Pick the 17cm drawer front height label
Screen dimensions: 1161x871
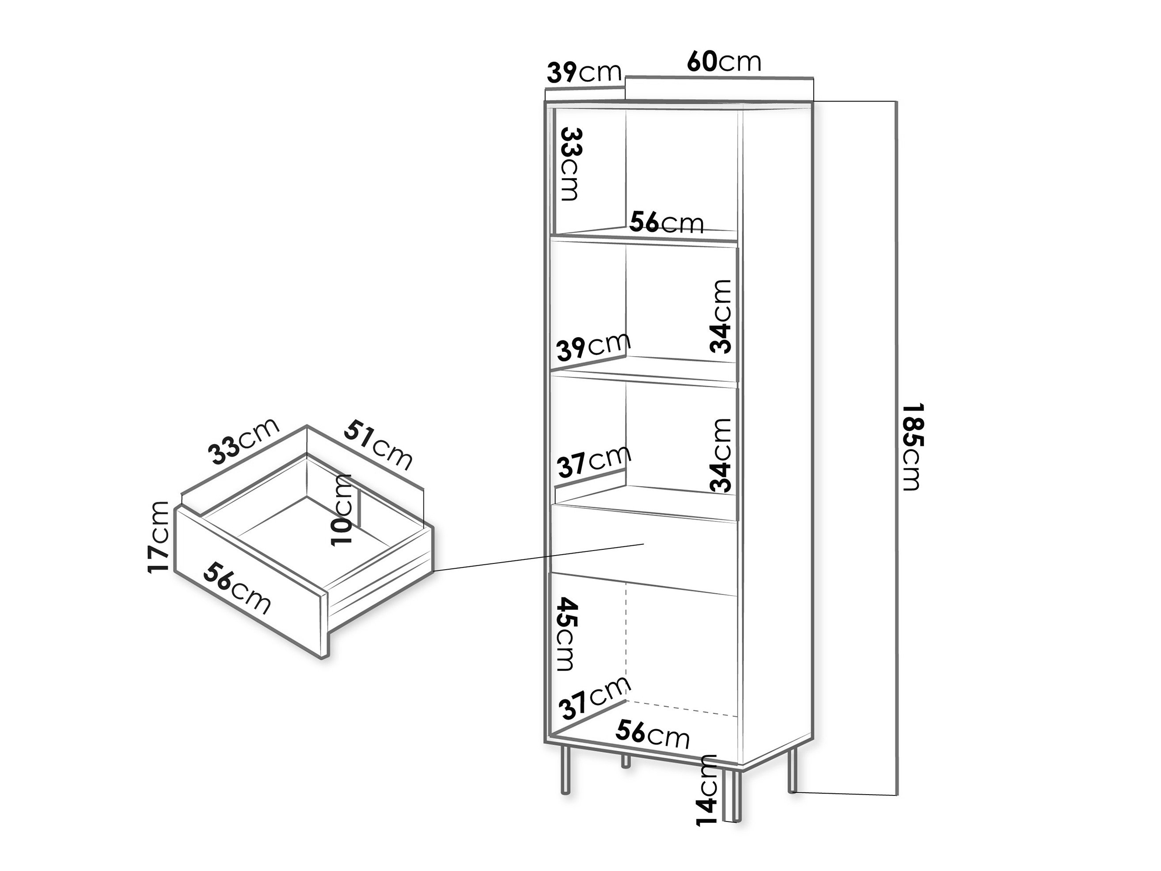[x=159, y=537]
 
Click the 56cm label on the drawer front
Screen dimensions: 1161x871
[x=238, y=587]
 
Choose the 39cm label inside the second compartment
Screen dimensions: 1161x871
[x=594, y=347]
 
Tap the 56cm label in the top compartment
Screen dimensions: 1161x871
[x=667, y=222]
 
